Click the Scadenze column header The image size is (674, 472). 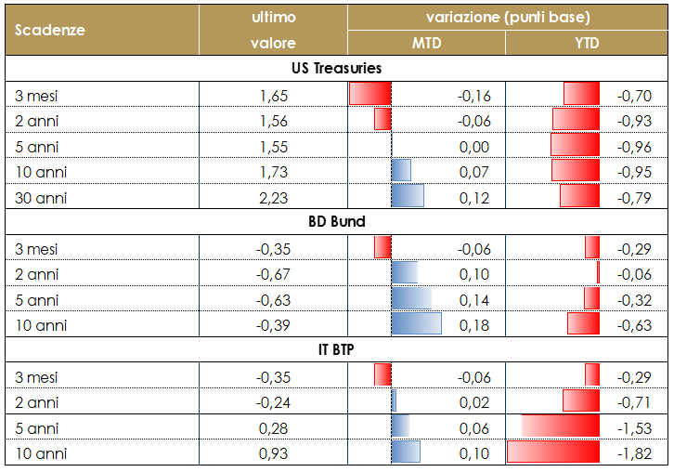coord(50,30)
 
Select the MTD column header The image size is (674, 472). coord(426,43)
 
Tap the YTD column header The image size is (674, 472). coord(587,43)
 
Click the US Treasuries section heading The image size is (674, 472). coord(336,69)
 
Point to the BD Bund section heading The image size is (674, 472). coord(336,222)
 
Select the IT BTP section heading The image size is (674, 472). coord(336,349)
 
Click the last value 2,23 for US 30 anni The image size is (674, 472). coord(274,197)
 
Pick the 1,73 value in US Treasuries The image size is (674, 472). coord(274,172)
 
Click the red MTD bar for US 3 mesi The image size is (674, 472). coord(370,95)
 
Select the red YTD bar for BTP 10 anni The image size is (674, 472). coord(553,452)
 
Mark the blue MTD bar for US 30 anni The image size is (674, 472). coord(408,197)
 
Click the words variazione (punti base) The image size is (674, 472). coord(508,18)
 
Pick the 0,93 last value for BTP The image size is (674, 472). coord(274,452)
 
